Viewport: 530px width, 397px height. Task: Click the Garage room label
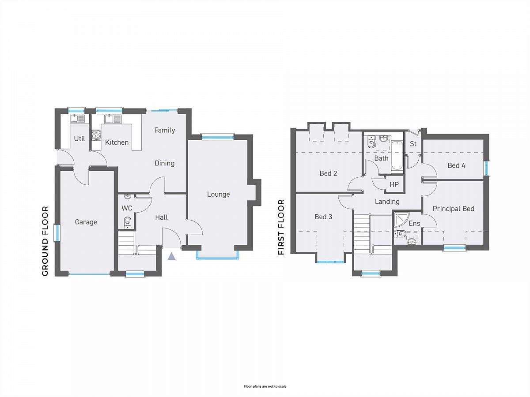(x=86, y=222)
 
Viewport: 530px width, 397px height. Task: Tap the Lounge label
(x=218, y=194)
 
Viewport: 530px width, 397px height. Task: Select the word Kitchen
(x=117, y=142)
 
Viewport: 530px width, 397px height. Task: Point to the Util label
(x=79, y=139)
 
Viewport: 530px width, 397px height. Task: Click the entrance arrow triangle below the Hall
(x=171, y=256)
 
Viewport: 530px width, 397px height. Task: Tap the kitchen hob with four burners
(x=96, y=135)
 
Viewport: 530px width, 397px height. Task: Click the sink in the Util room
(x=77, y=119)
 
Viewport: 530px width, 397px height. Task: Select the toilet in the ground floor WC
(x=127, y=222)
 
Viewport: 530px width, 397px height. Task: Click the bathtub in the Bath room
(x=397, y=155)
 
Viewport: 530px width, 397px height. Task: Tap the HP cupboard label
(x=394, y=185)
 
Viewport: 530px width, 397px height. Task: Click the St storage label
(x=413, y=144)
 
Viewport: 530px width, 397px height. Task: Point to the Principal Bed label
(x=454, y=209)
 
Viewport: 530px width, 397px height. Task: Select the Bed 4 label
(x=456, y=165)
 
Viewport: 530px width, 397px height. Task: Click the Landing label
(x=387, y=202)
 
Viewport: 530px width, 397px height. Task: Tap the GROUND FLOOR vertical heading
(x=45, y=241)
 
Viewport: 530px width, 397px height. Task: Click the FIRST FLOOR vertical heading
(x=281, y=227)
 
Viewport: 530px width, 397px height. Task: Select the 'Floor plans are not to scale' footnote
(x=265, y=386)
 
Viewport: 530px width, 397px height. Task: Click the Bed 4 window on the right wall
(x=487, y=169)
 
